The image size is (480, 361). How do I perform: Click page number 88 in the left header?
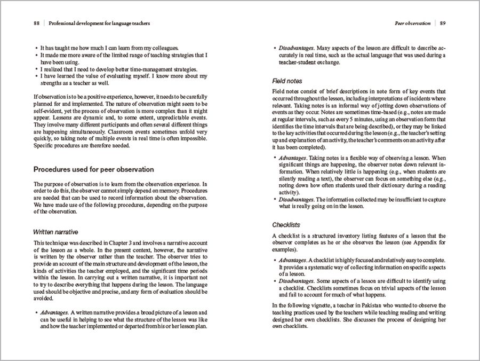point(37,23)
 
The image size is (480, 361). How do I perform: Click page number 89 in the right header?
point(443,23)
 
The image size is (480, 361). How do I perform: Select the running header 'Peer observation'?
point(412,23)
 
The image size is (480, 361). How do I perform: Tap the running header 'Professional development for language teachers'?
point(99,23)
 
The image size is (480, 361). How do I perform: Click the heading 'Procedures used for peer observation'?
point(93,169)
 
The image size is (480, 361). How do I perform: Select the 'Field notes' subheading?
point(287,81)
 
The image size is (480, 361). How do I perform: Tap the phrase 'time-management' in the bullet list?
point(150,69)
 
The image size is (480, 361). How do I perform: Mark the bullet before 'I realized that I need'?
point(36,69)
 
